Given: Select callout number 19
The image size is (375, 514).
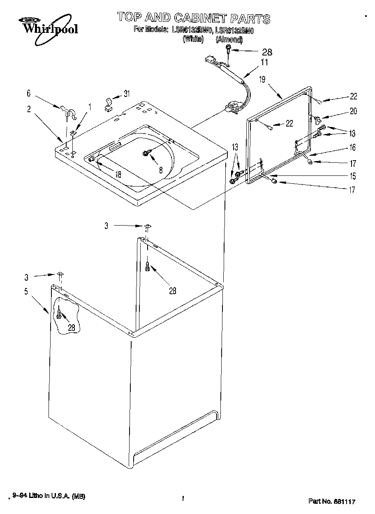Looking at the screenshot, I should tap(262, 80).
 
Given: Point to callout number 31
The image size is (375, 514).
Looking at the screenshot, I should tap(127, 94).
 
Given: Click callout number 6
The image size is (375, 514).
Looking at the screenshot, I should tap(28, 94).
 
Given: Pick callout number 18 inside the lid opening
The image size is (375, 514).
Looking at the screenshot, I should tap(118, 174).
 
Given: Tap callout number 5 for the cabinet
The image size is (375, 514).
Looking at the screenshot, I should tap(26, 292).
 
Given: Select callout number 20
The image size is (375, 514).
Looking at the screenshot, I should tap(353, 111).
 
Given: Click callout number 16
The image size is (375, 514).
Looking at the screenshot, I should tap(353, 148).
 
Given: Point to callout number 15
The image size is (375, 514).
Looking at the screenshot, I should tap(353, 176).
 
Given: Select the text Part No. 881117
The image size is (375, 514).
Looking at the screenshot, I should tap(331, 501).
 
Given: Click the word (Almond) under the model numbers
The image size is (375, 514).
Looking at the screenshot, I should tap(229, 39).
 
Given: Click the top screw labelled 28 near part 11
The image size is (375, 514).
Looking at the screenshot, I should tap(227, 51).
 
